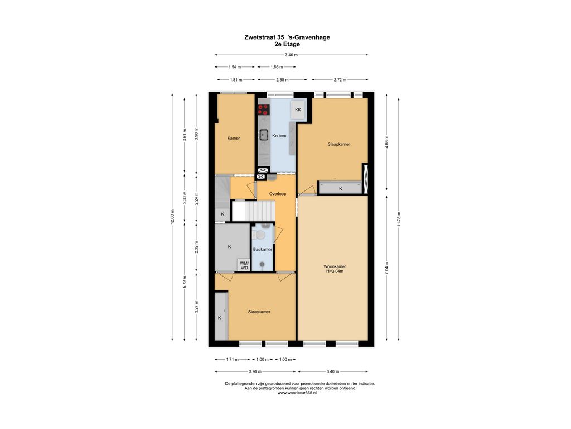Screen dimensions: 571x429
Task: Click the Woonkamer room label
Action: pyautogui.click(x=335, y=266)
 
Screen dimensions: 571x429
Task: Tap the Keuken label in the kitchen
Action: pyautogui.click(x=279, y=136)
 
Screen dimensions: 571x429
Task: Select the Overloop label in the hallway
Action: pyautogui.click(x=278, y=194)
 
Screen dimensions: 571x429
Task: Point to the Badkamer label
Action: pyautogui.click(x=263, y=250)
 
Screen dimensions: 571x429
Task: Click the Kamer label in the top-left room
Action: pyautogui.click(x=234, y=139)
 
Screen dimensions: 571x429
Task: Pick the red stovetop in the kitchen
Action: pyautogui.click(x=263, y=110)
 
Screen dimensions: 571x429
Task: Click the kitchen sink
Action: pyautogui.click(x=263, y=135)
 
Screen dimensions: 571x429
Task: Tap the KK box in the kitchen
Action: pyautogui.click(x=298, y=110)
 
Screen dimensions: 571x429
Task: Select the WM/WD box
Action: pyautogui.click(x=244, y=265)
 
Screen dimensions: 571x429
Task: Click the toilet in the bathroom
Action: pyautogui.click(x=260, y=235)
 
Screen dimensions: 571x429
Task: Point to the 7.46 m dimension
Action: pyautogui.click(x=291, y=55)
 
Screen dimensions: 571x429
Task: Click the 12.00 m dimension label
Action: pyautogui.click(x=172, y=217)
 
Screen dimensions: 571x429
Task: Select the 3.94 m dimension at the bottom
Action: pyautogui.click(x=255, y=371)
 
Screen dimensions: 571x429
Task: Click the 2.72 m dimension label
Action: pyautogui.click(x=340, y=80)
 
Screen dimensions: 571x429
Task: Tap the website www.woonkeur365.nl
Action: pyautogui.click(x=297, y=393)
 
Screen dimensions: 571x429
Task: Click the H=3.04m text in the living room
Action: pyautogui.click(x=335, y=271)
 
